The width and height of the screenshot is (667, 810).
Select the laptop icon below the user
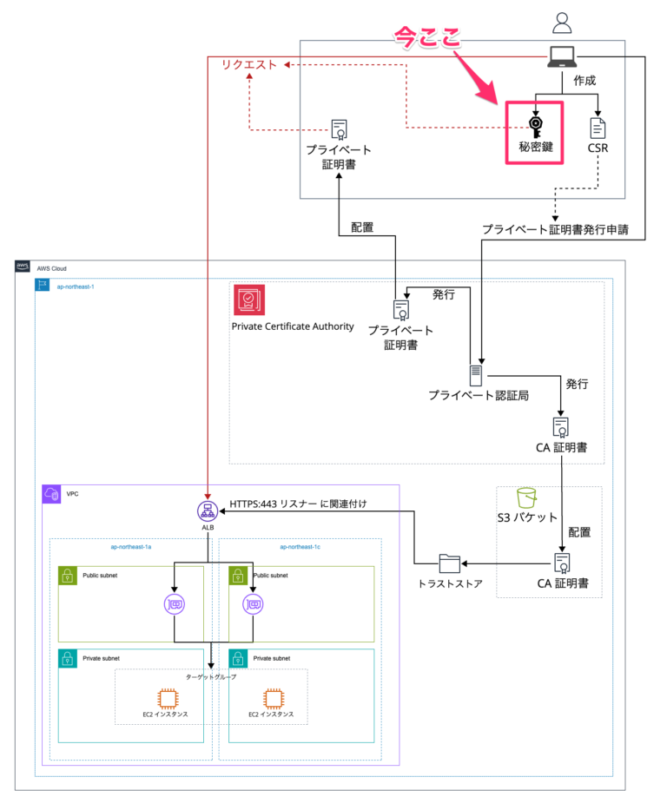(560, 58)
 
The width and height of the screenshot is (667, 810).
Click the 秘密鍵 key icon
(536, 128)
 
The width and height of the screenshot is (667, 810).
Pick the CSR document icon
(598, 128)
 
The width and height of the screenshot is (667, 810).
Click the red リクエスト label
(248, 64)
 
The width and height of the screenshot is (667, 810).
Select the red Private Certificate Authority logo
(248, 300)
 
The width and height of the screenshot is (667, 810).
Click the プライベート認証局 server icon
(475, 375)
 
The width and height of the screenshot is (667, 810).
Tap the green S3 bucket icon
(525, 497)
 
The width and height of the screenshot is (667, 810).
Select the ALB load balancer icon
(208, 510)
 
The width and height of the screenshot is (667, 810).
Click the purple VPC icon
(51, 494)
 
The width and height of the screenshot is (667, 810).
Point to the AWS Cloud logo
(23, 267)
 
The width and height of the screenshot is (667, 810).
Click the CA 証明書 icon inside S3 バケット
(562, 562)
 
